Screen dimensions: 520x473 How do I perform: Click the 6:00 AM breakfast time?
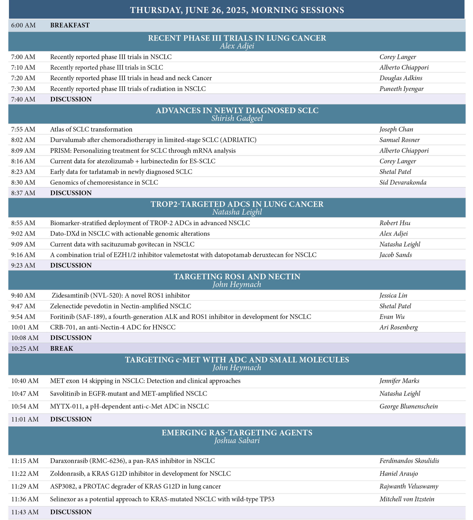click(23, 25)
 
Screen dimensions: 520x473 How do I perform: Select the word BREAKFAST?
click(70, 25)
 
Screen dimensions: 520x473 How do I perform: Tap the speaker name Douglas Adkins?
click(401, 78)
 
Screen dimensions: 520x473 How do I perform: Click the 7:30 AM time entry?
click(23, 89)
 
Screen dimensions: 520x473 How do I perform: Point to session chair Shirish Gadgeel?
click(237, 118)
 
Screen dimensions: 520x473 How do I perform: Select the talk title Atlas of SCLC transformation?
click(91, 129)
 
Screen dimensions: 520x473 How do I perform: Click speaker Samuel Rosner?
click(399, 140)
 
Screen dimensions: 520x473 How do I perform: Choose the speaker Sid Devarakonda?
click(403, 182)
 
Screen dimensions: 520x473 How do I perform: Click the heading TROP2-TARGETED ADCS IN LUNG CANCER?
click(237, 204)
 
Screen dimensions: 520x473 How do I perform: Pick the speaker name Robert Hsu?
click(395, 223)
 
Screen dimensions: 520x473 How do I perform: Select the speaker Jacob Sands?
click(395, 255)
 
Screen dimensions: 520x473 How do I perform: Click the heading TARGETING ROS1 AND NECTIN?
click(237, 276)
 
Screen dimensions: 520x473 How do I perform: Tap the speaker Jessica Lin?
click(393, 295)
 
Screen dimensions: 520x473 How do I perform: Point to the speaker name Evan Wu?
click(392, 316)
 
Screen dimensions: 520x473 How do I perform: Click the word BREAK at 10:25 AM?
click(61, 349)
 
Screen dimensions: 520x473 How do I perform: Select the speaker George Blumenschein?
click(409, 406)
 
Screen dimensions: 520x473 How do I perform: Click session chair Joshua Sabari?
click(237, 441)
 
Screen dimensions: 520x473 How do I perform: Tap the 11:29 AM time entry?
click(25, 486)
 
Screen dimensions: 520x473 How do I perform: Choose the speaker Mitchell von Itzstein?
click(407, 499)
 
